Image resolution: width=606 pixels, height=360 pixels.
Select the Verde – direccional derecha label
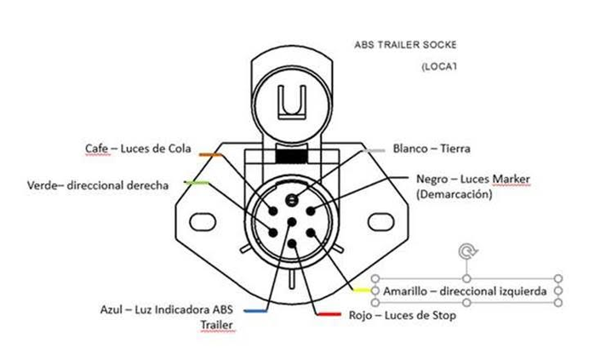coord(98,185)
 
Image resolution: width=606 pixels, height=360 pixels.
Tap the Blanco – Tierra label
coord(432,148)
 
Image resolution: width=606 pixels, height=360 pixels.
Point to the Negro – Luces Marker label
coord(473,180)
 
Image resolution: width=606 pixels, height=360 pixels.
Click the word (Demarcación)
coord(454,194)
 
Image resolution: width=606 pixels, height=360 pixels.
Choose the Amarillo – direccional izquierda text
coord(465,291)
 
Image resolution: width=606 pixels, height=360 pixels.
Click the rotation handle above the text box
coord(466,251)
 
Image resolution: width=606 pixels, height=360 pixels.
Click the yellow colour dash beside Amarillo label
coord(362,290)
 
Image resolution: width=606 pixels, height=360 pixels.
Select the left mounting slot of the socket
coord(202,221)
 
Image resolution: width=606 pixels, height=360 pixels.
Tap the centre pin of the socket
coord(292,223)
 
